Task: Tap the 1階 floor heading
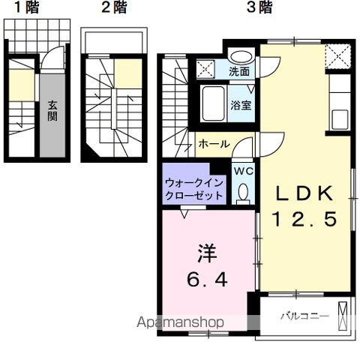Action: (26, 7)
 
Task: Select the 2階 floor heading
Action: (114, 7)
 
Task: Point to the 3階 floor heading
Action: (259, 7)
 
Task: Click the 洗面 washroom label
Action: (239, 72)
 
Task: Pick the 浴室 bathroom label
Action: (241, 105)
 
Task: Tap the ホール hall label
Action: (214, 144)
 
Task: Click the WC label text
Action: (244, 171)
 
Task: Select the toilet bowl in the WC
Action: (243, 193)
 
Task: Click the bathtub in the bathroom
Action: (213, 103)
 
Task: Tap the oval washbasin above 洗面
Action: (241, 57)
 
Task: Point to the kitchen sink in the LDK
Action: (340, 119)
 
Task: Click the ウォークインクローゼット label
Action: (194, 189)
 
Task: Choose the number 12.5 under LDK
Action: (304, 219)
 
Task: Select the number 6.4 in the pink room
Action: (207, 279)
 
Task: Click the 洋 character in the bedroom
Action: (207, 253)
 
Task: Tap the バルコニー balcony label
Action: (304, 316)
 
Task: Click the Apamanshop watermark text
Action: (180, 322)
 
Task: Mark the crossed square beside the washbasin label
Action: (205, 68)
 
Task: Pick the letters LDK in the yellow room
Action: (304, 193)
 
